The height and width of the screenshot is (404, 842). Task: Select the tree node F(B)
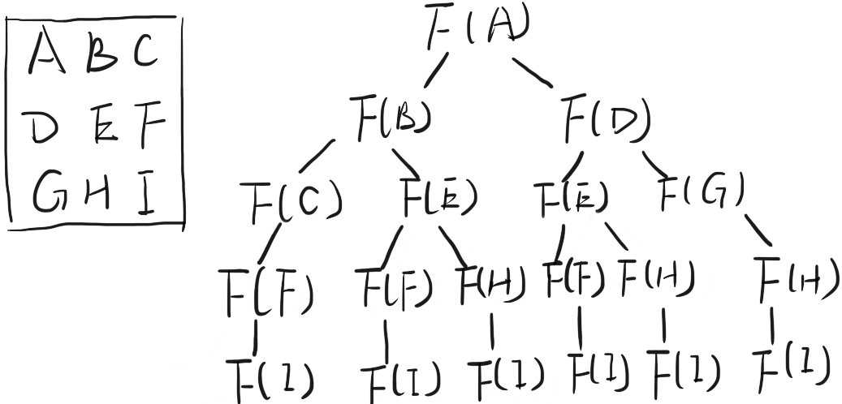389,118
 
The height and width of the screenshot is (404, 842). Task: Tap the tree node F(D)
606,121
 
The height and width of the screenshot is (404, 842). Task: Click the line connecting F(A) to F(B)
436,72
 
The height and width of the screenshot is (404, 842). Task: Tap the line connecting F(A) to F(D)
534,72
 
